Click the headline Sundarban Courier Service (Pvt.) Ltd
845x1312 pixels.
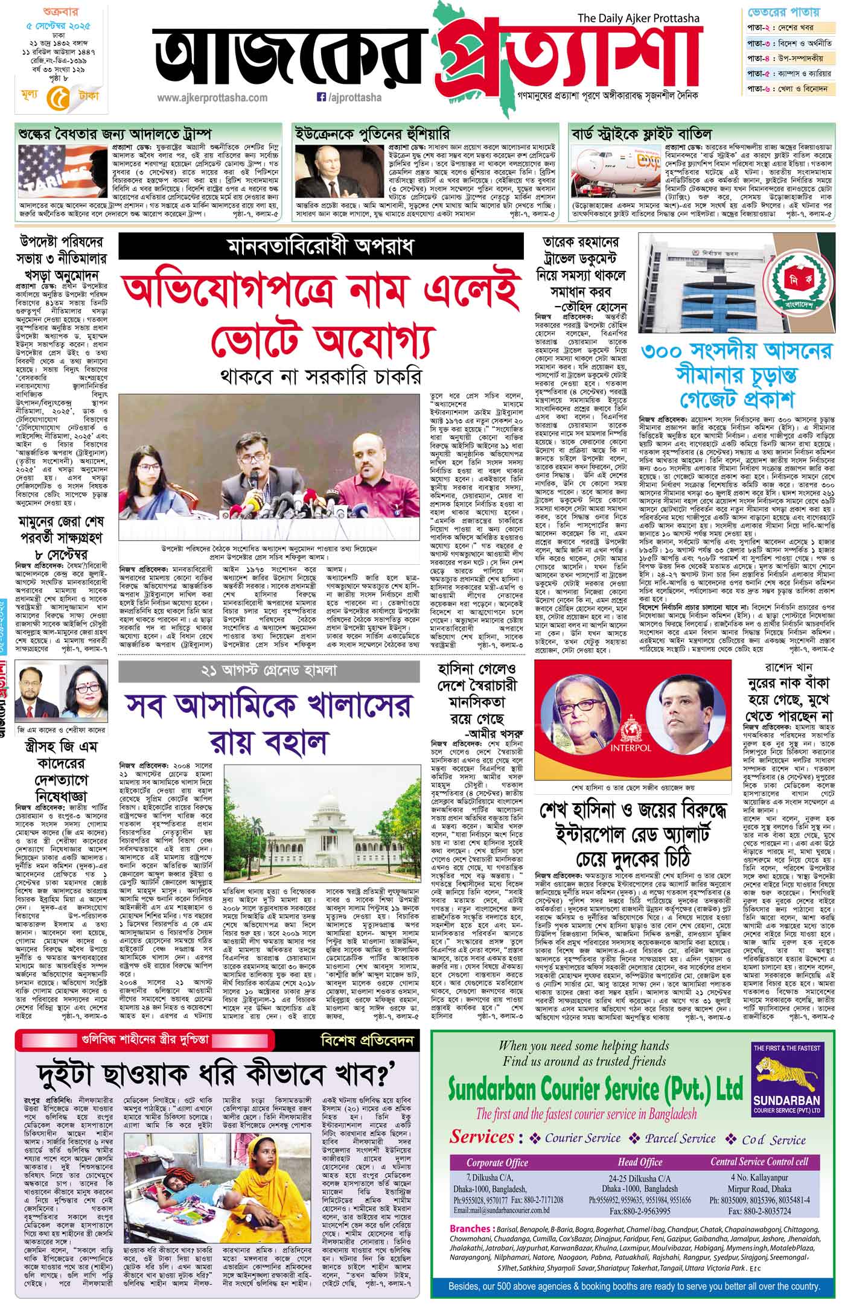pyautogui.click(x=595, y=1086)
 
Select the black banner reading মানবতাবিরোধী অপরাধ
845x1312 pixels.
pyautogui.click(x=320, y=247)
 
